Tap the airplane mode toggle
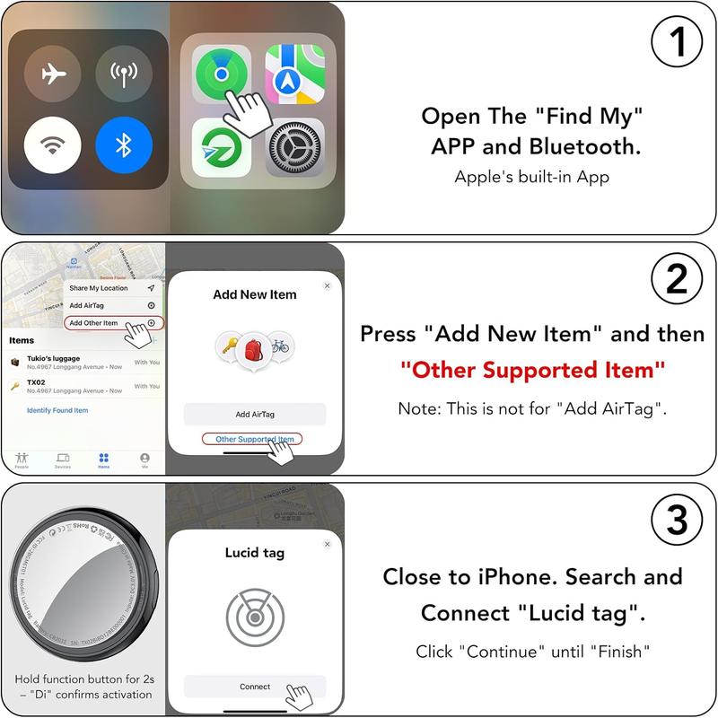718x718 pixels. pos(53,74)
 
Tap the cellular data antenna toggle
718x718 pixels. pos(124,74)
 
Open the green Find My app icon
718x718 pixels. pos(222,74)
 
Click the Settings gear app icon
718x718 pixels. pos(294,146)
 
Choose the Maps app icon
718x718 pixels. pos(294,74)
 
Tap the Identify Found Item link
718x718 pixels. pos(57,410)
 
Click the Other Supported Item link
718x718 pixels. pos(254,439)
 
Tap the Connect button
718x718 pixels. pos(255,687)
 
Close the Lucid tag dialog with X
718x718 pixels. pos(327,544)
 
